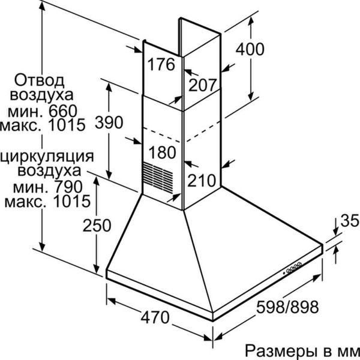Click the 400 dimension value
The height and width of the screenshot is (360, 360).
pos(250,49)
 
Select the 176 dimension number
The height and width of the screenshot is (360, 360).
pos(161,64)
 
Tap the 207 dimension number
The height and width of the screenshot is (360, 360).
pos(203,85)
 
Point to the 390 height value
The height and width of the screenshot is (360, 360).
pos(109,122)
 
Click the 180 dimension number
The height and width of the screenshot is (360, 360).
pos(163,152)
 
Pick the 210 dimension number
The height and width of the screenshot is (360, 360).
pos(202,180)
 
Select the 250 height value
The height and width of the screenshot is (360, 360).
pos(97,225)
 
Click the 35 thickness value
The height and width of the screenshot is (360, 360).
pos(349,221)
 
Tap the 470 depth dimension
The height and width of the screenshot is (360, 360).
pos(155,317)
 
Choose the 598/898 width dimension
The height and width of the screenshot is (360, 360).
pos(287,307)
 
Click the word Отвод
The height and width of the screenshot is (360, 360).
pos(40,80)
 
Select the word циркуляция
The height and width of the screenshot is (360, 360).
pos(47,157)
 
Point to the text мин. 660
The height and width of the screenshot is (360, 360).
pos(43,111)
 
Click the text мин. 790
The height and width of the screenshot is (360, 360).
pos(48,187)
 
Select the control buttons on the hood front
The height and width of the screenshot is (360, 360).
pos(293,268)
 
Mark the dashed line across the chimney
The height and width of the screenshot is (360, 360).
pos(181,131)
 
